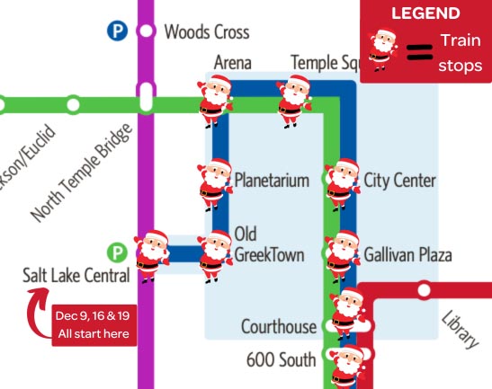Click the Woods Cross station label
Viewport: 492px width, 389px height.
pos(207,31)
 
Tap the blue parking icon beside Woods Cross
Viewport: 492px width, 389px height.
pos(116,31)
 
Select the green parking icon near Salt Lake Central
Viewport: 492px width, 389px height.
pos(116,252)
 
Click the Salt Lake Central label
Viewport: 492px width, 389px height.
pos(76,275)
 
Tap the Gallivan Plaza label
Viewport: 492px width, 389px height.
pos(407,255)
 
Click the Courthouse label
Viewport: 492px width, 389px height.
pos(279,326)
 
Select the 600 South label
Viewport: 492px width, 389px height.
pos(282,359)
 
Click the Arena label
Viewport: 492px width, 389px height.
pos(232,62)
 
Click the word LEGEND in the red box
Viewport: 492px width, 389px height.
pos(425,13)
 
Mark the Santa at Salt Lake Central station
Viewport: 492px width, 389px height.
pos(150,254)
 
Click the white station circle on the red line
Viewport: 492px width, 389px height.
pos(425,290)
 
